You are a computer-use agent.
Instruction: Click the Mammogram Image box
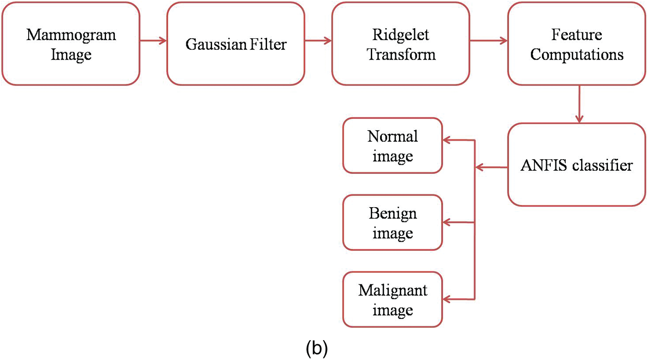[71, 44]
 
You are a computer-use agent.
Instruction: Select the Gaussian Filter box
[236, 44]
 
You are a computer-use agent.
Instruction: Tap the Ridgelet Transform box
[400, 44]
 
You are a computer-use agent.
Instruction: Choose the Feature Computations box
[576, 44]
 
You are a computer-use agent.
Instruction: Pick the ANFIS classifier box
[576, 165]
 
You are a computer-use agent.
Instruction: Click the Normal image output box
[392, 146]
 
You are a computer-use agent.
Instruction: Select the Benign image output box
[392, 223]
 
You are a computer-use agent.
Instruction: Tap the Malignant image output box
[392, 300]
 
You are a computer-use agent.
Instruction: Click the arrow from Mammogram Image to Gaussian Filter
[153, 41]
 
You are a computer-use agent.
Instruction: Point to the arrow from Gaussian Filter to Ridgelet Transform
[318, 41]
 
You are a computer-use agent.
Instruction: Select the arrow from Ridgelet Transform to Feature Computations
[488, 41]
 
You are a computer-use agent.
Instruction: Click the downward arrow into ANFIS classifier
[578, 104]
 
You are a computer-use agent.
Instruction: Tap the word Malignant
[392, 290]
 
